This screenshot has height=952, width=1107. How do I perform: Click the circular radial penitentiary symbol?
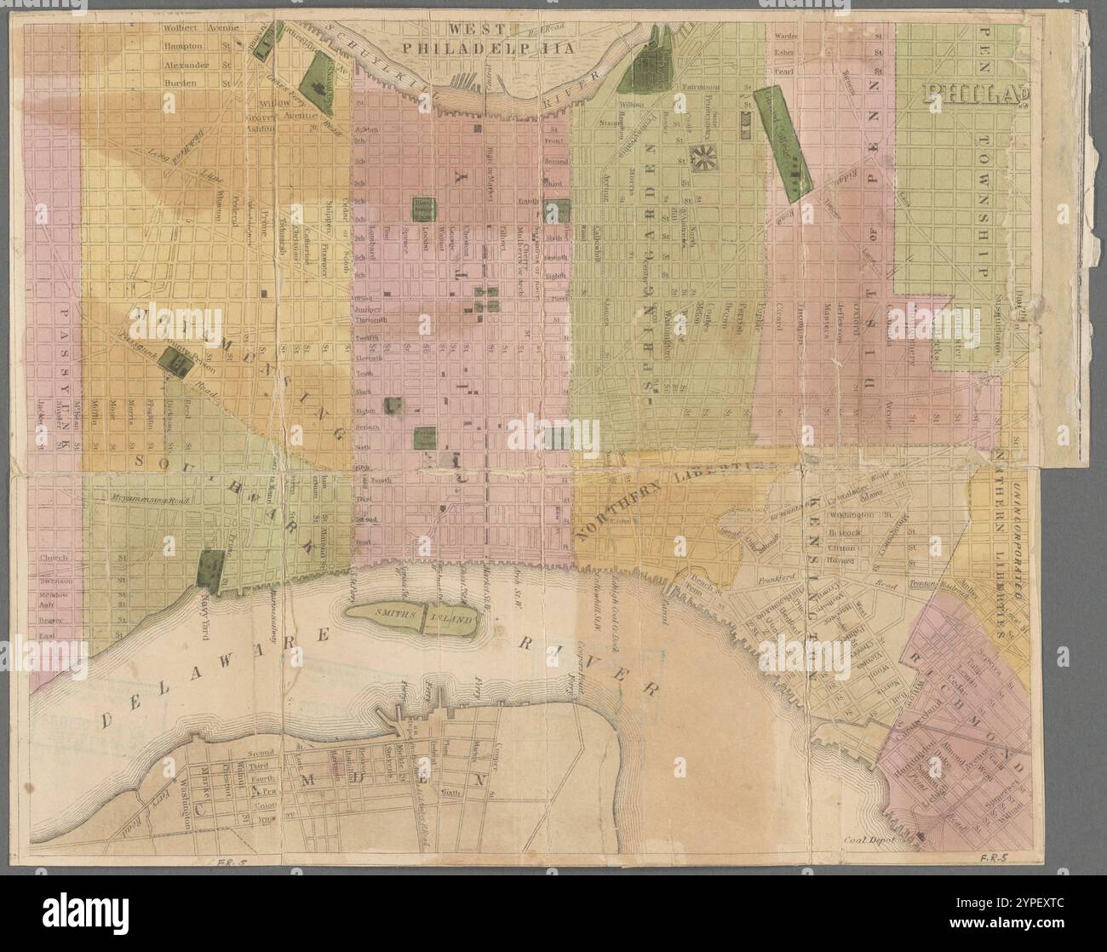point(704,156)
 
